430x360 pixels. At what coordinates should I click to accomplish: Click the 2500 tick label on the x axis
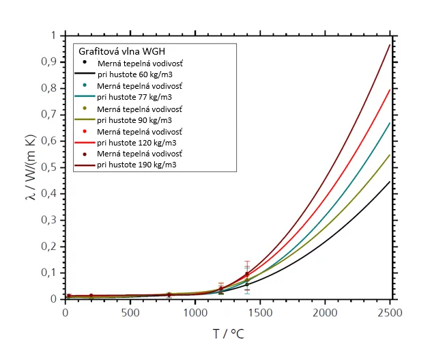[x=390, y=313]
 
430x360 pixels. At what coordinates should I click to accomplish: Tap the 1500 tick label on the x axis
[x=260, y=313]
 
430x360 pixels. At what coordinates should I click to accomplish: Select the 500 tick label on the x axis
[x=130, y=313]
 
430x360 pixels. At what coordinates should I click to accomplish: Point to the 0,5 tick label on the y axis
[x=48, y=167]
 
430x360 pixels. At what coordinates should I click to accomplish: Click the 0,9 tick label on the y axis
[x=48, y=62]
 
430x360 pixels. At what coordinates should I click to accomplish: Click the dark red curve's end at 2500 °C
[x=390, y=45]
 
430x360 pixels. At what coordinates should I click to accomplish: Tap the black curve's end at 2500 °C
[x=390, y=182]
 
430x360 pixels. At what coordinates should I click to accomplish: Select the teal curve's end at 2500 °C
[x=390, y=124]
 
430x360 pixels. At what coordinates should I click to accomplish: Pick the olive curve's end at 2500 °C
[x=390, y=155]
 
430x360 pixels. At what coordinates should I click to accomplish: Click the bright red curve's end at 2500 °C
[x=390, y=89]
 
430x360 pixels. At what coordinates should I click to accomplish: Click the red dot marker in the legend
[x=84, y=131]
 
